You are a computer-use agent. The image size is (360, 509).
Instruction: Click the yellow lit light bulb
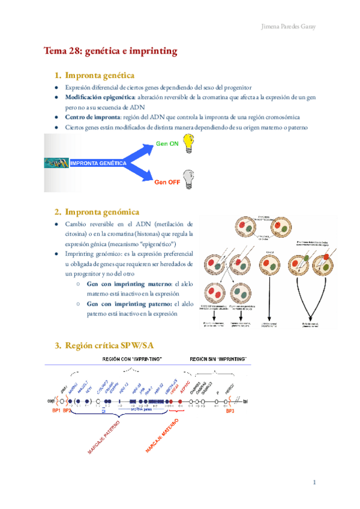click(x=189, y=143)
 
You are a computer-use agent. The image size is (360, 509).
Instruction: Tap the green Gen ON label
click(x=167, y=144)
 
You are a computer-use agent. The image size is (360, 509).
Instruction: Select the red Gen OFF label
click(x=167, y=182)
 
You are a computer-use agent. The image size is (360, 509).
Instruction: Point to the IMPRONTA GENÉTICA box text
click(x=98, y=163)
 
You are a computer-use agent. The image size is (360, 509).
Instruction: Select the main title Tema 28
click(x=110, y=51)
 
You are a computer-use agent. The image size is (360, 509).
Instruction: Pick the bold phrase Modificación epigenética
click(x=100, y=97)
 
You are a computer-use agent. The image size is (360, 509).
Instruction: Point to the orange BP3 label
click(x=230, y=412)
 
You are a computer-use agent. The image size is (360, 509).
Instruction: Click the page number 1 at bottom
click(x=314, y=483)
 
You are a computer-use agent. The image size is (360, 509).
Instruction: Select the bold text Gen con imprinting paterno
click(x=129, y=304)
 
